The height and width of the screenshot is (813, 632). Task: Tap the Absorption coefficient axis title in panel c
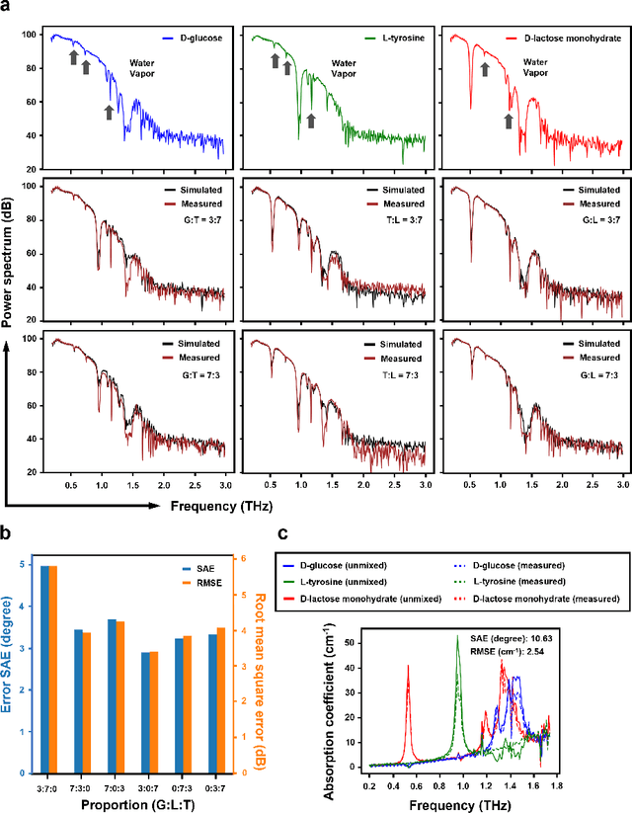click(328, 697)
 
